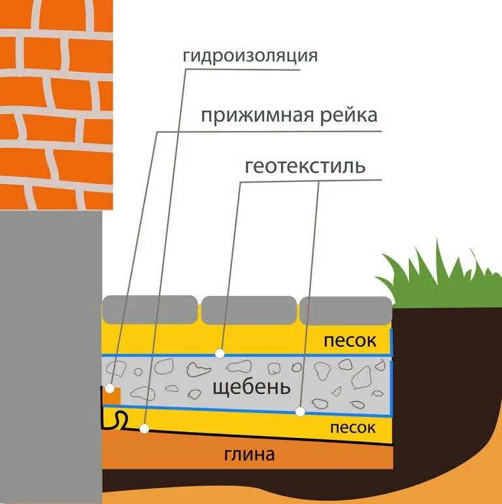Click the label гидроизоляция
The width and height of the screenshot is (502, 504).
[x=250, y=56]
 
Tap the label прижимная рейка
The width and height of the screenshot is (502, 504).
[x=289, y=116]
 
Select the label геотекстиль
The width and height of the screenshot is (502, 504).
[x=305, y=166]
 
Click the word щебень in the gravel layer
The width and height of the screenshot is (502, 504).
[x=251, y=387]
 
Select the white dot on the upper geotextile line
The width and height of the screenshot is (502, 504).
[x=220, y=353]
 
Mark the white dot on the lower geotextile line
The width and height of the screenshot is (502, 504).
[x=300, y=412]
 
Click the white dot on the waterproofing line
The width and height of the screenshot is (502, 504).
[x=145, y=429]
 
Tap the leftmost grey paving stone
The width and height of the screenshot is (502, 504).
[x=150, y=308]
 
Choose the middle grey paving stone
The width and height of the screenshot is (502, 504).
[x=248, y=310]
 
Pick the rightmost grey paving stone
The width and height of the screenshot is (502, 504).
[x=344, y=310]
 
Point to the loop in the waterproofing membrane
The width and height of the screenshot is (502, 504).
[x=121, y=419]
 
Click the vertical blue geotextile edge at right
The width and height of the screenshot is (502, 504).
[x=392, y=373]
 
